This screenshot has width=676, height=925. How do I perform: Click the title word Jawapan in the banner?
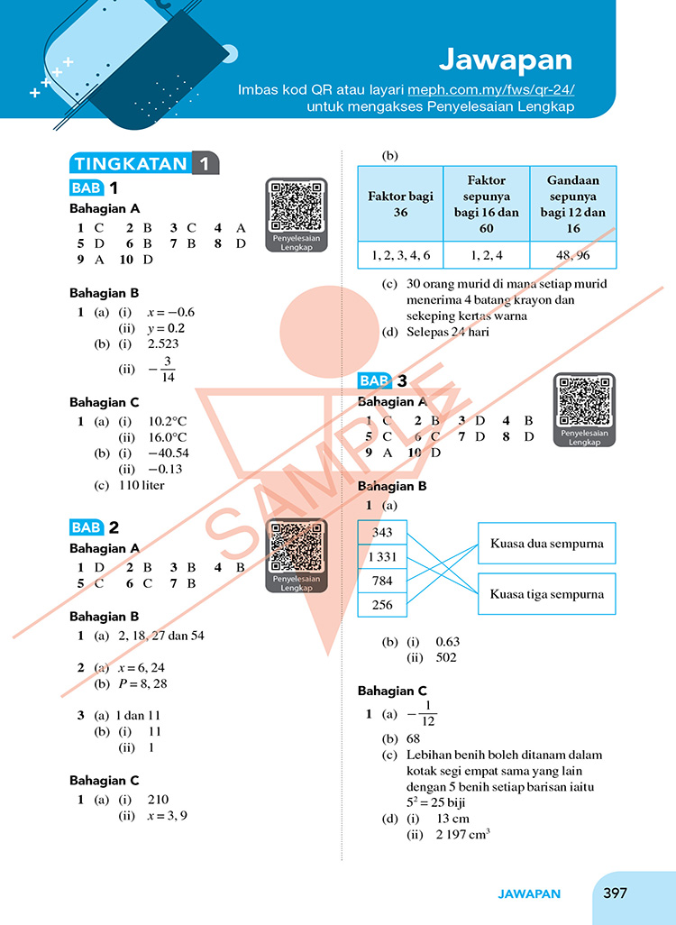[x=506, y=60]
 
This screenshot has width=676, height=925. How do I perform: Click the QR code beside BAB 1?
[x=296, y=206]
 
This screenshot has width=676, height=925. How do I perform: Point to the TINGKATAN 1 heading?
[x=144, y=164]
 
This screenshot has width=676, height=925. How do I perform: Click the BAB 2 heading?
[x=96, y=527]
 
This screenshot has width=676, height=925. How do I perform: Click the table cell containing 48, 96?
[x=573, y=255]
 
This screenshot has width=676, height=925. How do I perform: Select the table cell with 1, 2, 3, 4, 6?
[x=400, y=255]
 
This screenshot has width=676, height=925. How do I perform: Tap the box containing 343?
[x=382, y=533]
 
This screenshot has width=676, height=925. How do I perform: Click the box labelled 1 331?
[x=382, y=557]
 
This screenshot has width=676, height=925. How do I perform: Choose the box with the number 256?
[x=382, y=605]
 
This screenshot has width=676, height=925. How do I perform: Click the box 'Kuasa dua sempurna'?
[x=546, y=545]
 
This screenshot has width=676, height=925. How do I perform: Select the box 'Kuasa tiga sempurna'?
[x=546, y=595]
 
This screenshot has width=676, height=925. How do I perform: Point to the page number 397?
[x=615, y=893]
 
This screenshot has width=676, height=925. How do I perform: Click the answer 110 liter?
[x=142, y=485]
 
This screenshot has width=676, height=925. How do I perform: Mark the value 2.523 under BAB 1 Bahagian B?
[x=163, y=344]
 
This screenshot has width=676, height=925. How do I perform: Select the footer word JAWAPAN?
[x=529, y=894]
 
